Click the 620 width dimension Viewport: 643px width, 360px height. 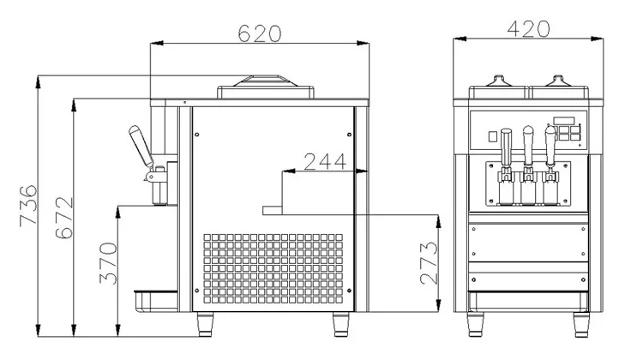(260, 33)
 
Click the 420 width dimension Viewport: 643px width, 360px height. (528, 28)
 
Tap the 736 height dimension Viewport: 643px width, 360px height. (28, 206)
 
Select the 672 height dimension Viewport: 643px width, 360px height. (64, 218)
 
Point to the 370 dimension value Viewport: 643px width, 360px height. (108, 263)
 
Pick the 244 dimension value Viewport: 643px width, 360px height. (325, 161)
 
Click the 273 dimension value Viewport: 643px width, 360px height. (429, 263)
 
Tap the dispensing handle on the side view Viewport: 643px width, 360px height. (141, 146)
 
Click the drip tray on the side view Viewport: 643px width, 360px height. (156, 302)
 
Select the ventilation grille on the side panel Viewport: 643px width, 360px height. (273, 268)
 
